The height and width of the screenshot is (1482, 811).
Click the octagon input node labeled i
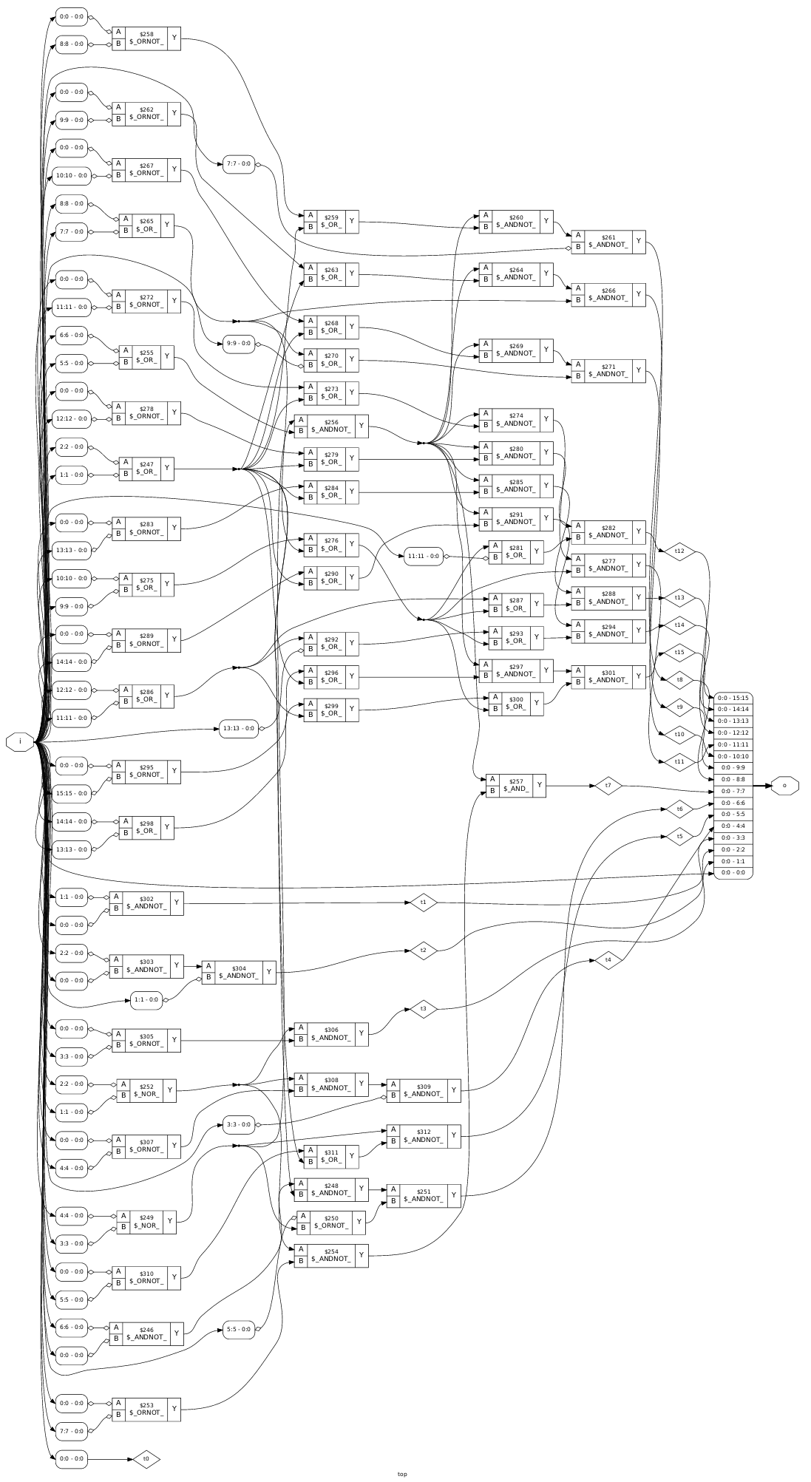[x=20, y=741]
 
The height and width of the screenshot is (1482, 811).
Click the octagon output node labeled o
[x=784, y=785]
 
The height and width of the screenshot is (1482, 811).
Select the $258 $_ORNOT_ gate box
[x=146, y=39]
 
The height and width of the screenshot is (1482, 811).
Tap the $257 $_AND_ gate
[x=515, y=785]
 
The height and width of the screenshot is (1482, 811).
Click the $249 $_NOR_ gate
[x=146, y=1221]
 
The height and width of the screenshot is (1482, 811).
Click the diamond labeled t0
[x=146, y=1459]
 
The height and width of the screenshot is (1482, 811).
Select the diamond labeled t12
[x=679, y=551]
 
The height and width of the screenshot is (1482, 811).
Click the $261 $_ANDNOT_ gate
[x=608, y=241]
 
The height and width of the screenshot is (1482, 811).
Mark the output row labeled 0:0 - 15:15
[x=733, y=697]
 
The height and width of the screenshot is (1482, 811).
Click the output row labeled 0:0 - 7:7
[x=733, y=791]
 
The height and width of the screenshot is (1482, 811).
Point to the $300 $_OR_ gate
[x=515, y=704]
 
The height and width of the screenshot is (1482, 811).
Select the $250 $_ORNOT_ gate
[x=330, y=1222]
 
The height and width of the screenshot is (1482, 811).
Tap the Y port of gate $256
[x=362, y=425]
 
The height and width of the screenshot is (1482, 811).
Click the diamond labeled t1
[x=423, y=903]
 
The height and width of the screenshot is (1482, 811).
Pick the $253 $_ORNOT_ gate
[x=146, y=1408]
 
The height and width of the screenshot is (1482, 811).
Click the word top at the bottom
[x=402, y=1474]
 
